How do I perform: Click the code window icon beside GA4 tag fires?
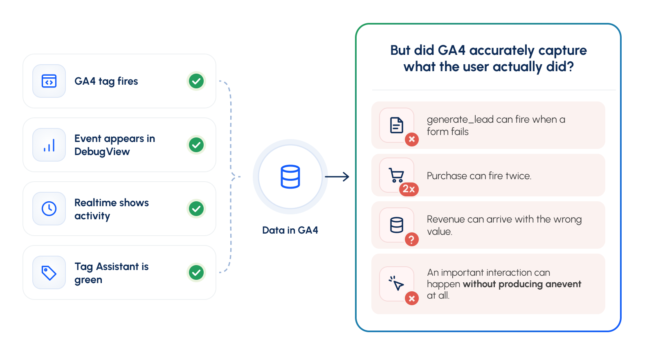(49, 81)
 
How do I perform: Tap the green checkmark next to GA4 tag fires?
(196, 81)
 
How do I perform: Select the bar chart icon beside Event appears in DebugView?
(49, 145)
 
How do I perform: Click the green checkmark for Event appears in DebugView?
(196, 145)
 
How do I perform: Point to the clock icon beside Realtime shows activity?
(49, 209)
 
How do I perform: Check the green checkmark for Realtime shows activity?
(196, 209)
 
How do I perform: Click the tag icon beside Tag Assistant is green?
(49, 273)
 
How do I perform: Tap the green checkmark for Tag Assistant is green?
(196, 272)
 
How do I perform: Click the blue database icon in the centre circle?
(290, 177)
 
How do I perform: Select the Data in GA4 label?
(290, 230)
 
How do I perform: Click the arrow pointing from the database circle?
(337, 177)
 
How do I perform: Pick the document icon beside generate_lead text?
(397, 125)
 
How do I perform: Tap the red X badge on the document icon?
(412, 139)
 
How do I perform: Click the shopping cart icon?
(396, 175)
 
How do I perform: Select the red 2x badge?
(409, 189)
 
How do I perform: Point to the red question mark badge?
(412, 240)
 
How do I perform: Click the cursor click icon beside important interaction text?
(396, 283)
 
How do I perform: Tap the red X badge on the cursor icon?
(412, 299)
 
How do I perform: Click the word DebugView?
(102, 152)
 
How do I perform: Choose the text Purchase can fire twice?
(479, 176)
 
